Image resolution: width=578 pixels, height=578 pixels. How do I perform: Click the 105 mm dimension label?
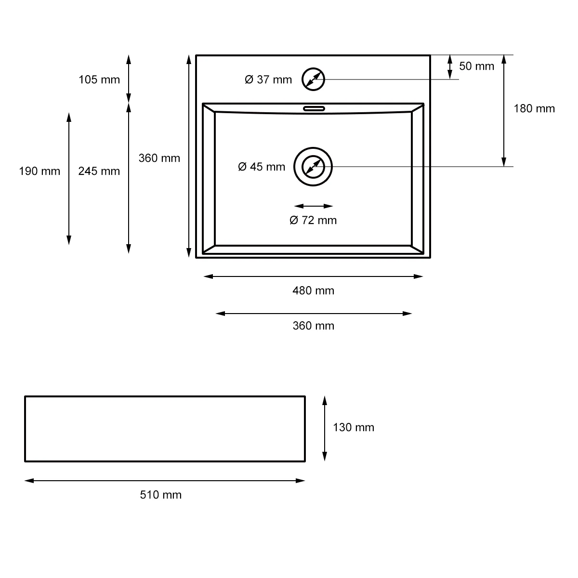click(x=99, y=80)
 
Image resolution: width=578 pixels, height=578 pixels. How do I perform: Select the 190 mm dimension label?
click(x=39, y=171)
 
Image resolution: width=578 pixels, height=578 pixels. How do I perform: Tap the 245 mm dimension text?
click(x=99, y=171)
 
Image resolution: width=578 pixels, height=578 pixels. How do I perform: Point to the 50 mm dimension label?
click(x=476, y=66)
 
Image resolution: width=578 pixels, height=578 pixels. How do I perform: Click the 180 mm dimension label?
click(x=534, y=108)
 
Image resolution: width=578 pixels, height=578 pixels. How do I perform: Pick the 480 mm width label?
click(x=313, y=290)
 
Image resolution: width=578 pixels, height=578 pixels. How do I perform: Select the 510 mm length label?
click(x=160, y=495)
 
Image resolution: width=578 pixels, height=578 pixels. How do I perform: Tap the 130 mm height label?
click(x=354, y=427)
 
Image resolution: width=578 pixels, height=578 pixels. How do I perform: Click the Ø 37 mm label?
click(x=268, y=80)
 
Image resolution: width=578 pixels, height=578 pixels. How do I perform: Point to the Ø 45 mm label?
click(x=262, y=167)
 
